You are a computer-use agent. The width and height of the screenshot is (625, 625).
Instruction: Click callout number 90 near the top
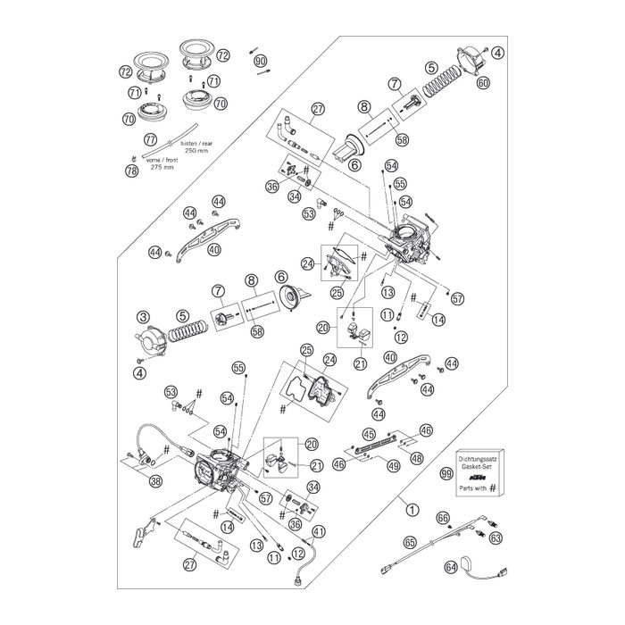point(261,61)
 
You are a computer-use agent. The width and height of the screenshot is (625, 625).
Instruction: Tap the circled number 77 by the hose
point(150,139)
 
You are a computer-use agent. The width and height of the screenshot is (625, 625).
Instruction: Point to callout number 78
point(132,171)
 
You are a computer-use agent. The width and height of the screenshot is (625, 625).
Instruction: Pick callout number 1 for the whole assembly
point(411,509)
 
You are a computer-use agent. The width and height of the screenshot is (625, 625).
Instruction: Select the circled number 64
point(451,565)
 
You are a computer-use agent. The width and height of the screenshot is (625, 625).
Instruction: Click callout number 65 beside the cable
point(410,541)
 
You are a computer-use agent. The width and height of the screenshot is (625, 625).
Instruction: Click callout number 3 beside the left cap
point(142,315)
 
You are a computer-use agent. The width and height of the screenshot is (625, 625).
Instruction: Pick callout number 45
point(368,434)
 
